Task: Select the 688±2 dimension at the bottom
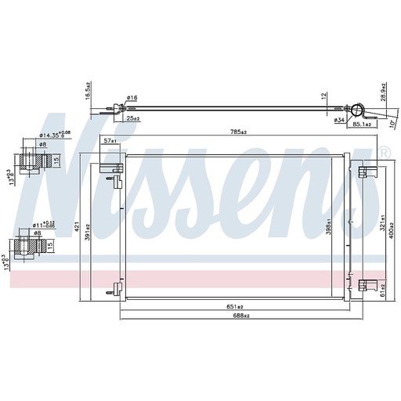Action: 240,316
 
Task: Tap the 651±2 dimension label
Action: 233,306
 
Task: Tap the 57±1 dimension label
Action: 110,142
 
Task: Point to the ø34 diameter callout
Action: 340,119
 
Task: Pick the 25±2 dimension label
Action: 132,119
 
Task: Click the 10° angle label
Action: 392,124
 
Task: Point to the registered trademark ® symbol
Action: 383,151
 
